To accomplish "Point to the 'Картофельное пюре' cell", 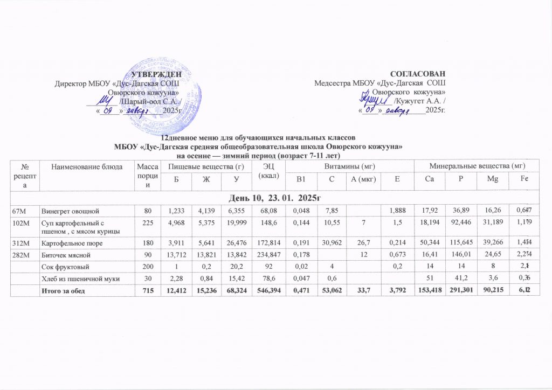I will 67,243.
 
